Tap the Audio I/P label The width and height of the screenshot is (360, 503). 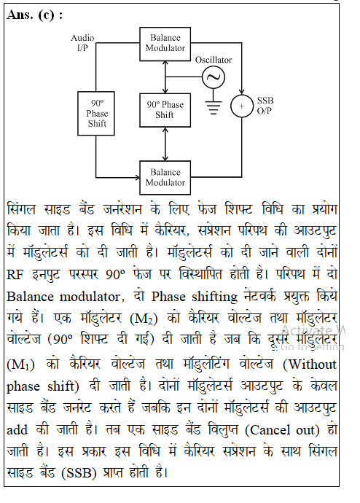click(82, 43)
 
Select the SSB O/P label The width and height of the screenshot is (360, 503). click(265, 106)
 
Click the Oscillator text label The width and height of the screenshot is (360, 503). click(214, 60)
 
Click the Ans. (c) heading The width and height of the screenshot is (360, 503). click(35, 15)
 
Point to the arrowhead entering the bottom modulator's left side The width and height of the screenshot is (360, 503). click(138, 177)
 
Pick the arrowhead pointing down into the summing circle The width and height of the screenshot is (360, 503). click(242, 92)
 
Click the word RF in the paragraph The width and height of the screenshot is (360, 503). click(15, 275)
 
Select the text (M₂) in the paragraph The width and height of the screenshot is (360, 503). click(144, 319)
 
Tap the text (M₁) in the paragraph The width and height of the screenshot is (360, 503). click(20, 364)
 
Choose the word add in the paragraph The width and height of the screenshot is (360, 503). click(17, 430)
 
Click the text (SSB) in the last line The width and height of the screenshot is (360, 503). click(79, 473)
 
